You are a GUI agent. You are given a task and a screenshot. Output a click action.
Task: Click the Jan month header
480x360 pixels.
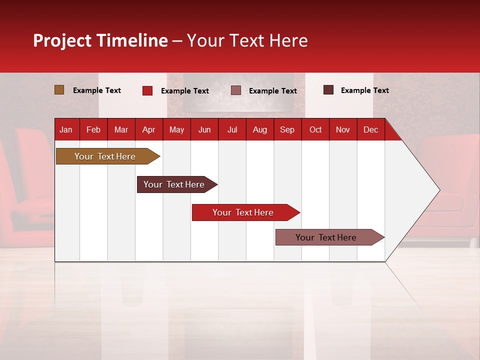click(66, 130)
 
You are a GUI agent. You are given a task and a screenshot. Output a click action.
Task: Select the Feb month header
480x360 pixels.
click(93, 130)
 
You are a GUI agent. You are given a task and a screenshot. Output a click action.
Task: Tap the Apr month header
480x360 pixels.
click(148, 130)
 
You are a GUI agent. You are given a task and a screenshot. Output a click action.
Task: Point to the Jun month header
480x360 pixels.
click(204, 130)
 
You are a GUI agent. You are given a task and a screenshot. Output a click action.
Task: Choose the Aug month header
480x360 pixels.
click(259, 130)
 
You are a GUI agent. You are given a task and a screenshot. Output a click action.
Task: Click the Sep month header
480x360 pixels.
click(287, 130)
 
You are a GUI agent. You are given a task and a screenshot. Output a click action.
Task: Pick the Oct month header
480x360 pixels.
click(315, 130)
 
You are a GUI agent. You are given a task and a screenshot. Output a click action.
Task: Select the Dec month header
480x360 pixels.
click(370, 130)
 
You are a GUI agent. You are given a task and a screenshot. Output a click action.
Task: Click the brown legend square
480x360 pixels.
click(59, 90)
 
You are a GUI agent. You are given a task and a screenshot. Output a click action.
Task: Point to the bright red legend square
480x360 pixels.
click(147, 90)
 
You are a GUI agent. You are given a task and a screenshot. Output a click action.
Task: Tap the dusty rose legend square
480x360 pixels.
click(236, 90)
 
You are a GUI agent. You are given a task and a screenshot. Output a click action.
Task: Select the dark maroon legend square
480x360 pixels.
click(328, 90)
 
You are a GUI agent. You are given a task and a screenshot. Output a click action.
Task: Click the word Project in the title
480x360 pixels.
click(62, 40)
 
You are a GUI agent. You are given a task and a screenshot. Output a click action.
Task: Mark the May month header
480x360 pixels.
click(176, 130)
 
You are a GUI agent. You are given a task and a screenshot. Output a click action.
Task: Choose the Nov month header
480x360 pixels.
click(343, 130)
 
